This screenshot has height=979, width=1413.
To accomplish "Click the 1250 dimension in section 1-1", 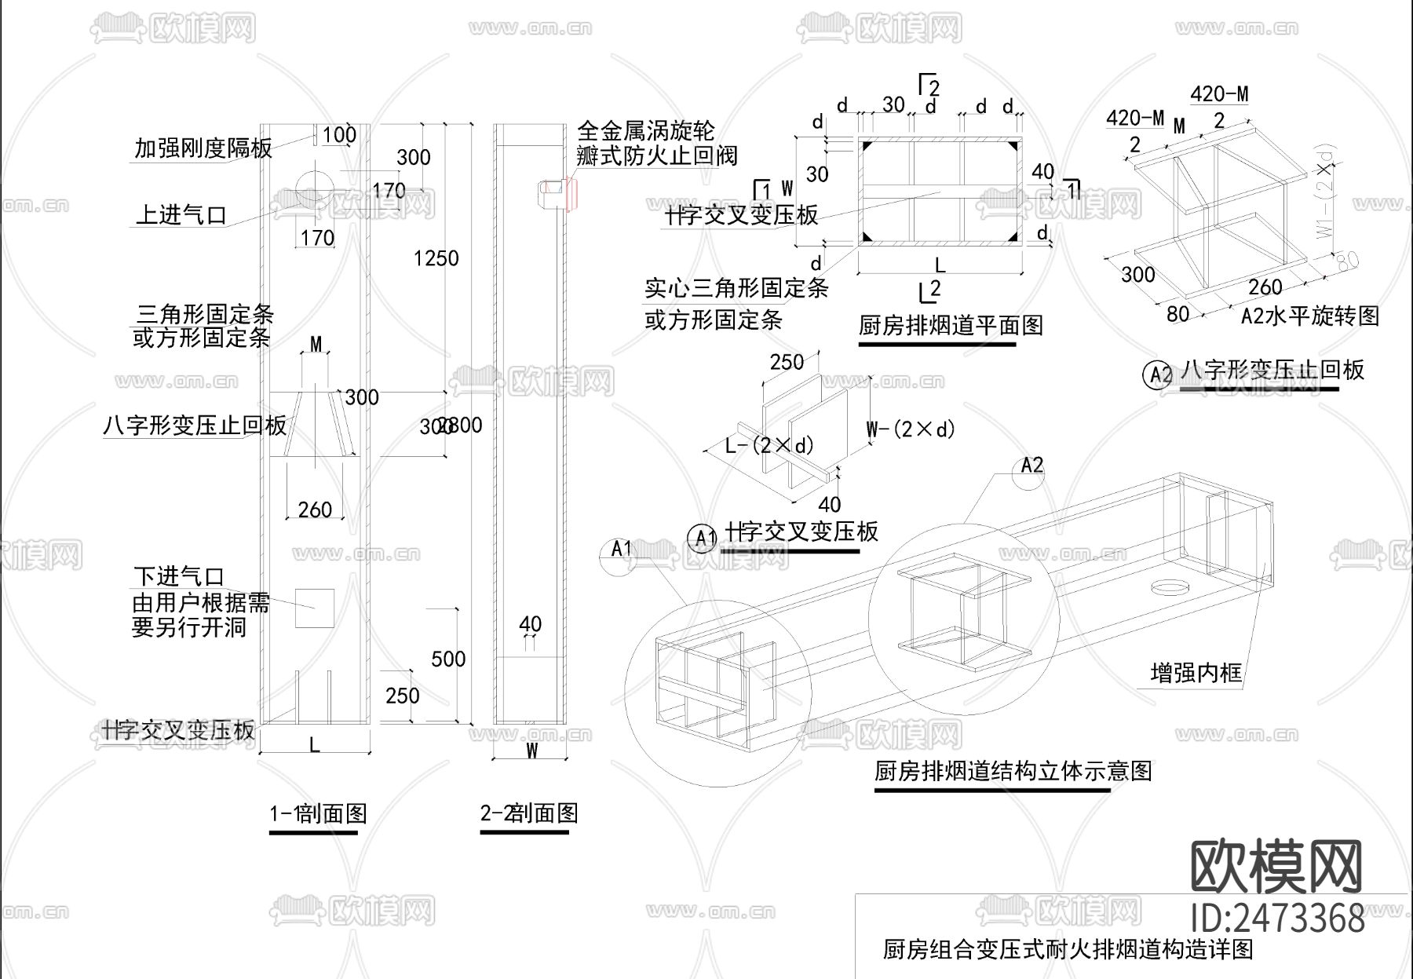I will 436,258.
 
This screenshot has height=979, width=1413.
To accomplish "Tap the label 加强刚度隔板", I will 203,148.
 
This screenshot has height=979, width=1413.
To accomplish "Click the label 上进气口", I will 181,214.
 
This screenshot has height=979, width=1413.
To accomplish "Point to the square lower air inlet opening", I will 314,608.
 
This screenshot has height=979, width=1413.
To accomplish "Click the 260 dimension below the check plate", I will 315,510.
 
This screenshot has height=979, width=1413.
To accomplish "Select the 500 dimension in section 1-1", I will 448,659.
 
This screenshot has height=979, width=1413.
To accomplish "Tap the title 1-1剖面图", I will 318,813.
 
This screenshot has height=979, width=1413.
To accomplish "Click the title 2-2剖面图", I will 528,813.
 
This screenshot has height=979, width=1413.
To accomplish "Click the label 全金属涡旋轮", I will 645,131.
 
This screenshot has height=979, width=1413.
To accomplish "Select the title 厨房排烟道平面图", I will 950,325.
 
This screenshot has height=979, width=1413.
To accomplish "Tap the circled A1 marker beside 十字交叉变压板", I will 702,538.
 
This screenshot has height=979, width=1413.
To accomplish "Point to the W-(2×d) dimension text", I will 911,429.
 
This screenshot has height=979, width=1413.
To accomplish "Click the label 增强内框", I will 1196,673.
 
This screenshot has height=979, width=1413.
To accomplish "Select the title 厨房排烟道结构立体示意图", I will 1013,771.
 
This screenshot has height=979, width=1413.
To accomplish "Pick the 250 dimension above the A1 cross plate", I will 786,362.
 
